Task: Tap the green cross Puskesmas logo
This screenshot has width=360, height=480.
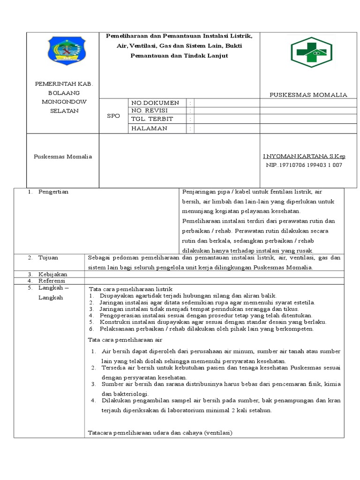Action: pos(311,51)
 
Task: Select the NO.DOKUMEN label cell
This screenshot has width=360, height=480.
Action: pos(155,103)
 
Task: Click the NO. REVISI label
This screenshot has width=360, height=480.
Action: pos(150,111)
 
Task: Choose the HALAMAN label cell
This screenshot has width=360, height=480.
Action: pos(149,128)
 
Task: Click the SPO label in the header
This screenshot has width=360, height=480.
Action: pos(113,115)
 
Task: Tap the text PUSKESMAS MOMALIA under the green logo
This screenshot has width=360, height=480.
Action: pos(308,95)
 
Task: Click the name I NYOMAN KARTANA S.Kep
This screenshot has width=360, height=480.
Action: pos(304,156)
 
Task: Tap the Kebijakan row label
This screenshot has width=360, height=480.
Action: pos(52,274)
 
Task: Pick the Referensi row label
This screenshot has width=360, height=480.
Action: pos(52,280)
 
